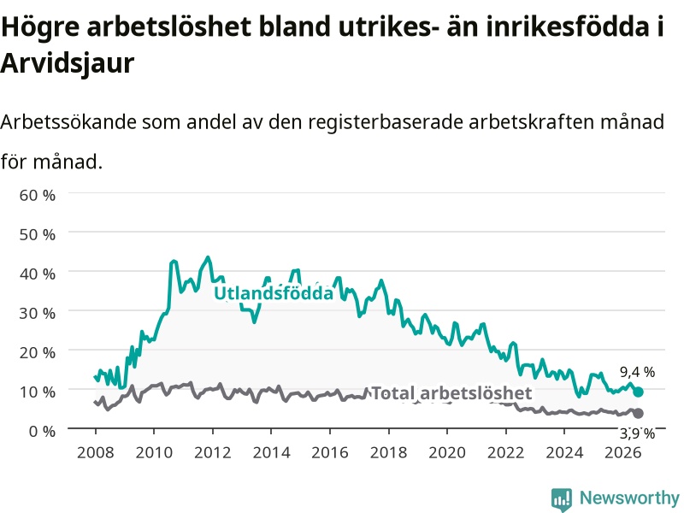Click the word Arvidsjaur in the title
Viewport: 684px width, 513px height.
click(x=68, y=63)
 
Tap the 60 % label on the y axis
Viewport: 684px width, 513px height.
click(x=37, y=195)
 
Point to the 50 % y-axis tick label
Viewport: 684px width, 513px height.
click(x=37, y=234)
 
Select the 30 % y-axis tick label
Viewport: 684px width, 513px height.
click(x=37, y=313)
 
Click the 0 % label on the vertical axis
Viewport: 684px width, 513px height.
click(x=42, y=431)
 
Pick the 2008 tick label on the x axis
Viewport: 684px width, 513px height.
click(x=96, y=452)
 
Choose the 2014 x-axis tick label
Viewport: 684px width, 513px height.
click(x=271, y=452)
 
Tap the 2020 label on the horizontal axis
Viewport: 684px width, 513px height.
click(x=447, y=452)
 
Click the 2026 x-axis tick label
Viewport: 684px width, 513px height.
click(x=623, y=452)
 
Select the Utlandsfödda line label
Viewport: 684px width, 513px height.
click(x=274, y=292)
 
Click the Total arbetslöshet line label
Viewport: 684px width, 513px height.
click(x=451, y=393)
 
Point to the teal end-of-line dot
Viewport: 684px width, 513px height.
click(x=638, y=392)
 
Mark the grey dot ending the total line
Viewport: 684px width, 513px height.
click(x=638, y=413)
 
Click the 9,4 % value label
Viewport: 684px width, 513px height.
click(x=637, y=372)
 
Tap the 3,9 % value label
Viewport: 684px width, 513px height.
click(x=637, y=433)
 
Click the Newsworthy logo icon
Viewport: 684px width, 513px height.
click(x=562, y=499)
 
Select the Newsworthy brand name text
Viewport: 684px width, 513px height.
click(x=629, y=498)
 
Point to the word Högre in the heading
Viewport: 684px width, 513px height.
click(x=40, y=27)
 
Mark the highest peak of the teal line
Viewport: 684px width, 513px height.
click(x=208, y=257)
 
